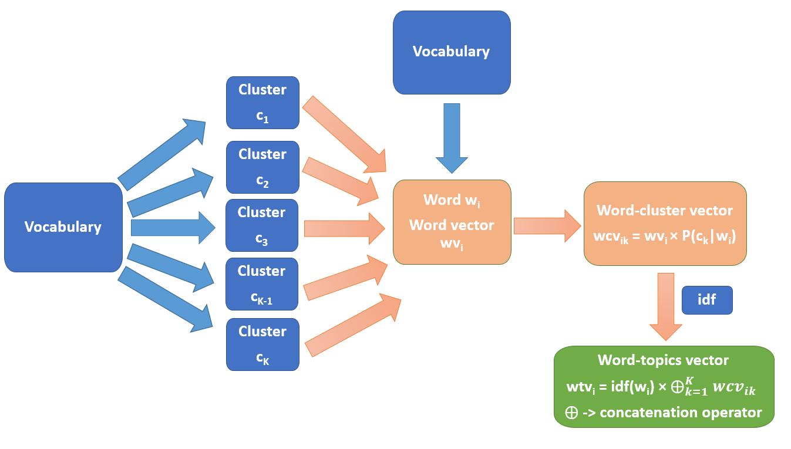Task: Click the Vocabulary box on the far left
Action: coord(63,227)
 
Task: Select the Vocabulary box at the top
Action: coord(451,52)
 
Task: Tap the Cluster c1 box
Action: coord(262,103)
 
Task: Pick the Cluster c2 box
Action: coord(262,167)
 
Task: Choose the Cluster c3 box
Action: coord(262,225)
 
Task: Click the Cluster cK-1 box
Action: coord(262,284)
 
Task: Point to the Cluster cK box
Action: coord(262,345)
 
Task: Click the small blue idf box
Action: coord(706,299)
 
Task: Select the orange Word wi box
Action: coord(452,221)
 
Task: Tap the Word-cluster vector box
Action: coord(665,223)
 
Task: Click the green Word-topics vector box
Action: coord(664,386)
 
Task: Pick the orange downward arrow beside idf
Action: coord(665,305)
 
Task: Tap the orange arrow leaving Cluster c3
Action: coord(344,228)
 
